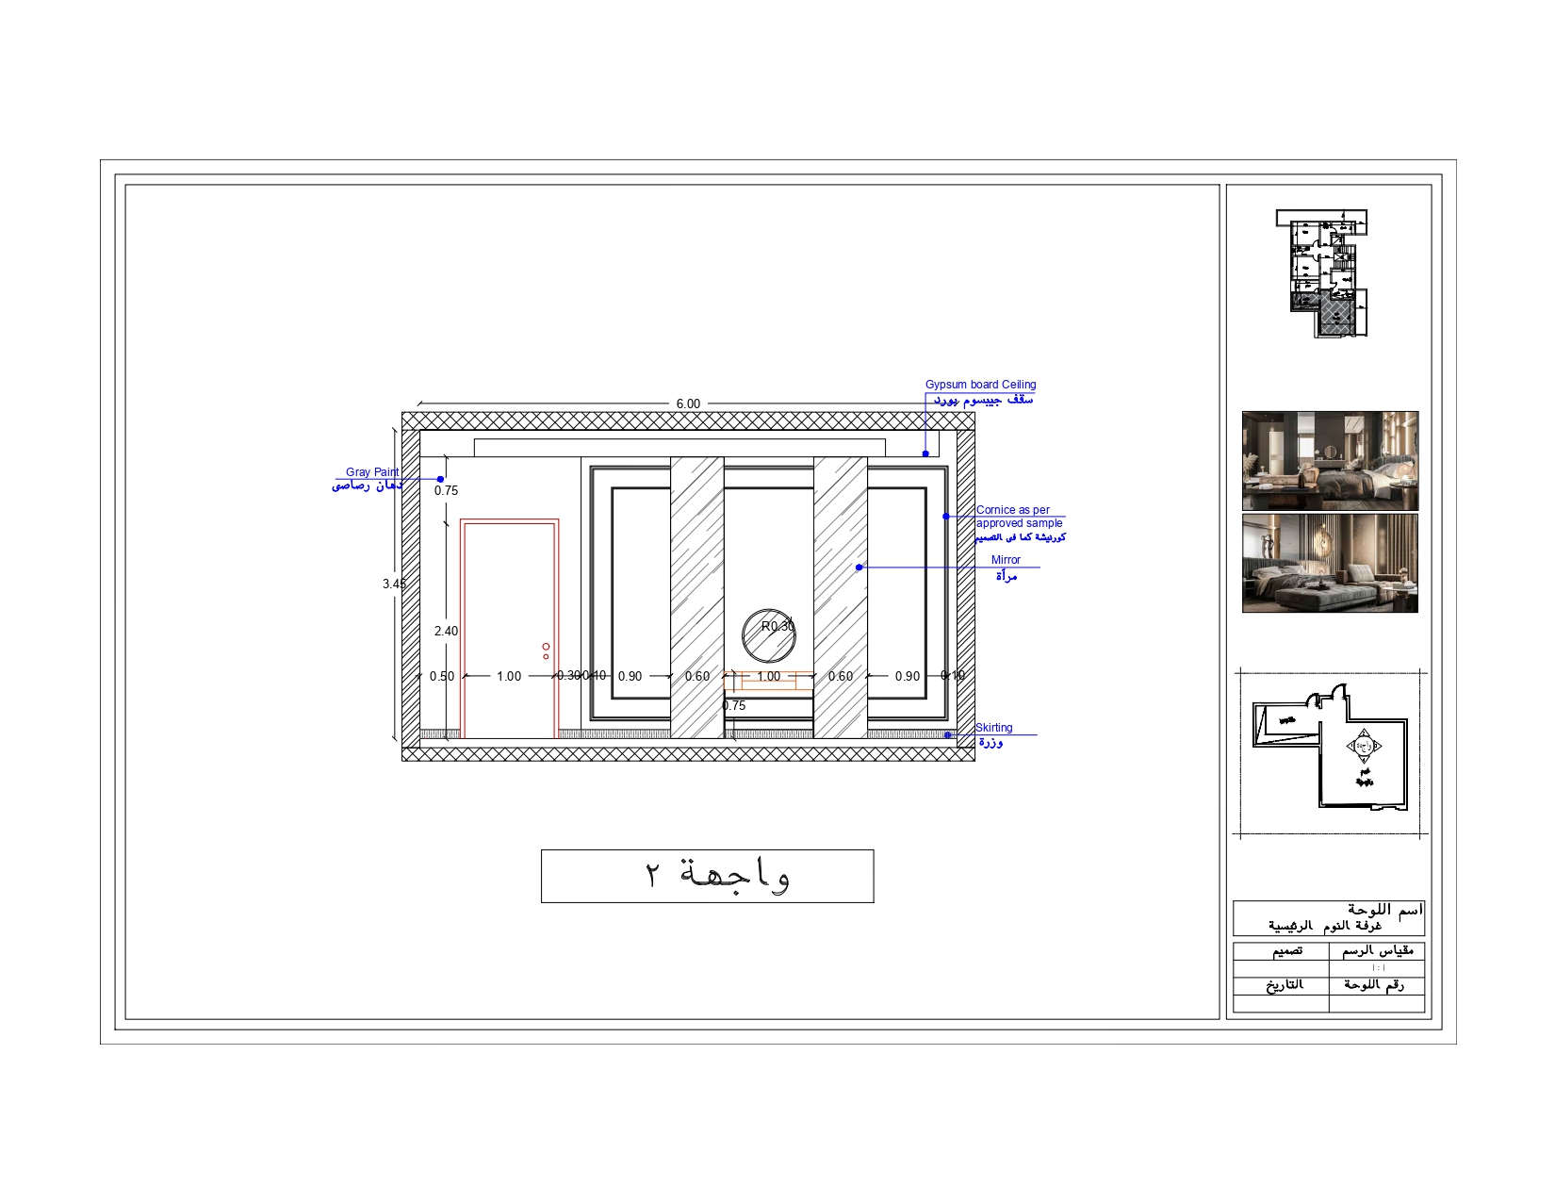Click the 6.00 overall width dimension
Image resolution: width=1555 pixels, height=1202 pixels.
[x=688, y=403]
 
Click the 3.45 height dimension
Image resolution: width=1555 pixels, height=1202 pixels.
[x=393, y=584]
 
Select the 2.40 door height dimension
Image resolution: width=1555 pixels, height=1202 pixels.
[x=446, y=631]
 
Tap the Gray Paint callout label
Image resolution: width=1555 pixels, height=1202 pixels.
[x=371, y=472]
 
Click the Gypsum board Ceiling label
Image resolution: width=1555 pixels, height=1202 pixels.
[x=980, y=385]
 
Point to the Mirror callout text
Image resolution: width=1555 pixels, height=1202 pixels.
[x=1006, y=560]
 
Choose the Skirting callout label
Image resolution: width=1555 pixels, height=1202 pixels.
[x=993, y=728]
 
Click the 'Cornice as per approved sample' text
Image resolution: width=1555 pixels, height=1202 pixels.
[x=1018, y=517]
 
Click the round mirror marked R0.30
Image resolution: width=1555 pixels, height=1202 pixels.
[x=768, y=636]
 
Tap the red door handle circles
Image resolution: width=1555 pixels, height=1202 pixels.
[x=546, y=650]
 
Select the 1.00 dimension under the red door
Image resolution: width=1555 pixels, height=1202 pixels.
[x=509, y=676]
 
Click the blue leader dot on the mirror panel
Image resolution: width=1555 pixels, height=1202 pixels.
[x=859, y=568]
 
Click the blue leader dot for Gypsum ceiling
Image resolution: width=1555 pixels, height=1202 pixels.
[x=925, y=453]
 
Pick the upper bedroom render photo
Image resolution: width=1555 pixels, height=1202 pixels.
[x=1330, y=461]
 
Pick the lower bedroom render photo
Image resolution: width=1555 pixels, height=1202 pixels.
[x=1330, y=563]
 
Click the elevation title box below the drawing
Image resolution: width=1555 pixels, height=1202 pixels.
[x=707, y=876]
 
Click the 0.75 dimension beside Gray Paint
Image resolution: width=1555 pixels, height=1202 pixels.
[x=446, y=490]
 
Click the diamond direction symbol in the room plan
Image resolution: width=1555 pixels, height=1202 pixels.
[x=1364, y=746]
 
